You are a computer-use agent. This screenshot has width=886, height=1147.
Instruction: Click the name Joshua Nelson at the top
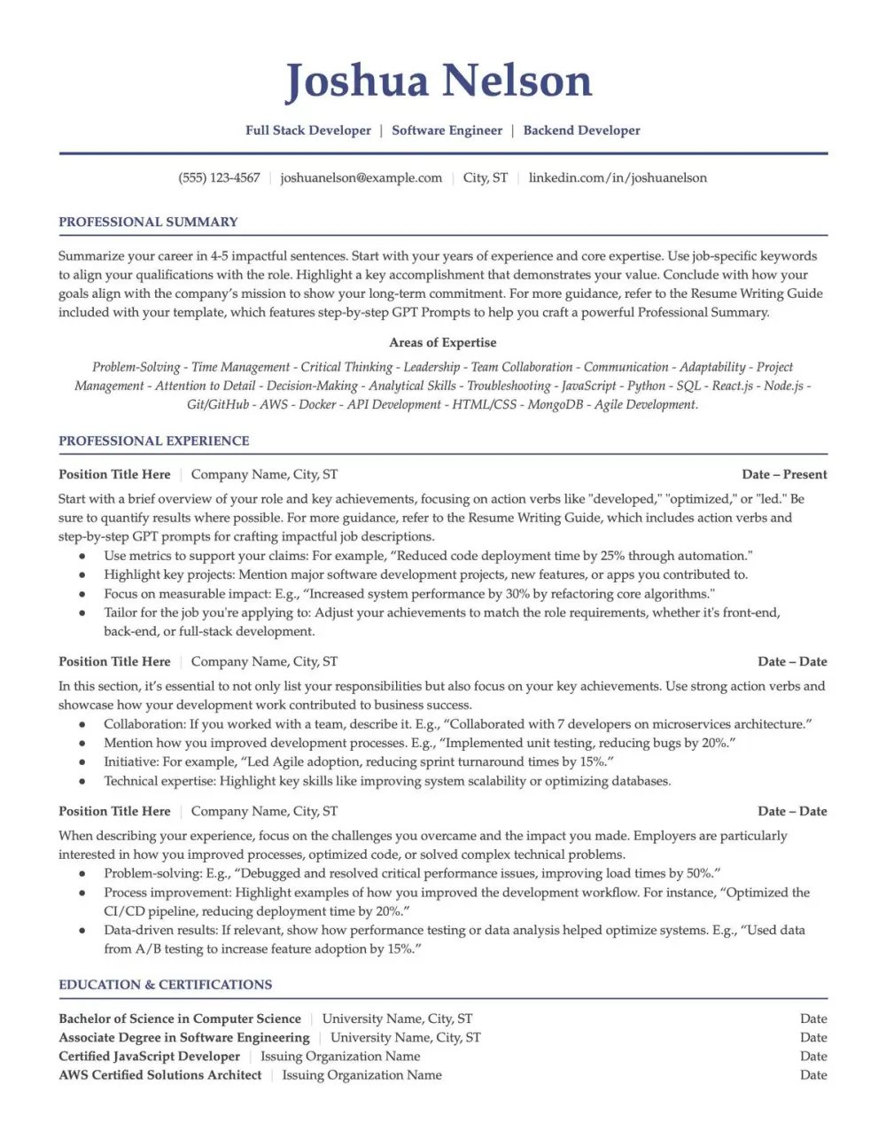(x=439, y=81)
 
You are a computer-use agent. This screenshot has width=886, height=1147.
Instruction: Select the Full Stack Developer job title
(x=308, y=130)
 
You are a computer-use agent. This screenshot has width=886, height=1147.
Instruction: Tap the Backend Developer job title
(x=581, y=130)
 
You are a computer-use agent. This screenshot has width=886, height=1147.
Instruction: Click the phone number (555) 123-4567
(x=219, y=177)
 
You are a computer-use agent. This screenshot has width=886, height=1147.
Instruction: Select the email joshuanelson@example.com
(x=361, y=177)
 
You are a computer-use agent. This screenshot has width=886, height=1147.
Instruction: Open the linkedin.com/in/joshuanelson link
(x=618, y=177)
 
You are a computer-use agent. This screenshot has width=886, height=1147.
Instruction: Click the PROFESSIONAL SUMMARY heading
(x=148, y=222)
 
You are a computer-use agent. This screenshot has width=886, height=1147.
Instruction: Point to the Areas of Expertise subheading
(x=442, y=342)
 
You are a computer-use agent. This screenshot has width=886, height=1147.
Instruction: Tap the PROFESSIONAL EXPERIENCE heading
(x=154, y=441)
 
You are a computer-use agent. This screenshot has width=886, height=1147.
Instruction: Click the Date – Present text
(x=784, y=474)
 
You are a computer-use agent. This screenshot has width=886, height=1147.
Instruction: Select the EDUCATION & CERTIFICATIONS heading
(x=166, y=985)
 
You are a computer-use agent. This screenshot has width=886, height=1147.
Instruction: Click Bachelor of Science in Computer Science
(x=180, y=1018)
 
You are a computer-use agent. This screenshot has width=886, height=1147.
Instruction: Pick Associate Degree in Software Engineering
(x=184, y=1037)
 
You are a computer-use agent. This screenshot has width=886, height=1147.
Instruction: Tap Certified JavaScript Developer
(x=149, y=1056)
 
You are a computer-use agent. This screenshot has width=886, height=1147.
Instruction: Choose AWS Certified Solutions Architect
(x=160, y=1074)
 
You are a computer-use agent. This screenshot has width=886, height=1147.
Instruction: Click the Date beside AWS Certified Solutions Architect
(x=812, y=1074)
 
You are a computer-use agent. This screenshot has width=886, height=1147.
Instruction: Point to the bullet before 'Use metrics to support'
(x=82, y=557)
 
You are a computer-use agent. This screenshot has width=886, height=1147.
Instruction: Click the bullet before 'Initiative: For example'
(x=82, y=762)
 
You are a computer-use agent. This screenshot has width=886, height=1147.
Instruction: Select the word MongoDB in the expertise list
(x=556, y=404)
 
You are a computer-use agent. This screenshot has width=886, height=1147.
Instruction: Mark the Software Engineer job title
(x=447, y=130)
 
